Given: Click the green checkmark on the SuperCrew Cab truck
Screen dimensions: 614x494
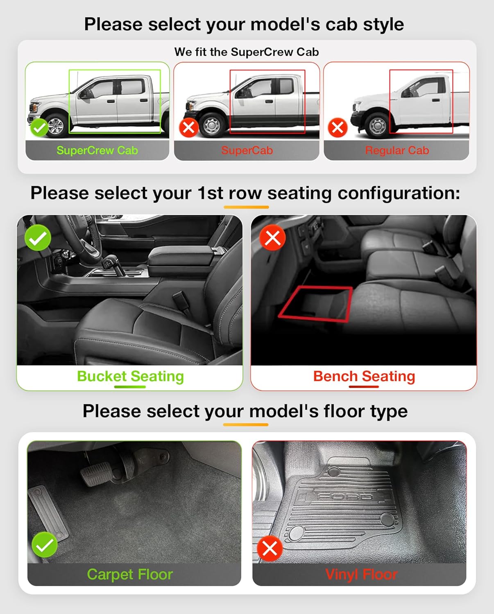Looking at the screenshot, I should pos(40,128).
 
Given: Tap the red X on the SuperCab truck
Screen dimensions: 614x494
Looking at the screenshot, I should pos(189,128).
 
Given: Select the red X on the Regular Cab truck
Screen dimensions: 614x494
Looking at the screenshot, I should pos(338,128).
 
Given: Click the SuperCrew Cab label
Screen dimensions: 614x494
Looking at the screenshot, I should pos(97,151).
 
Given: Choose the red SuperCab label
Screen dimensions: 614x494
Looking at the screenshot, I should pos(247,151).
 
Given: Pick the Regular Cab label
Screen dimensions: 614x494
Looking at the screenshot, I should pos(397,151).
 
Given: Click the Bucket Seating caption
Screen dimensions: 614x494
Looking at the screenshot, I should pos(130,376).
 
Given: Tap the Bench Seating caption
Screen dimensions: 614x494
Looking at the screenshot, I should pos(364,376).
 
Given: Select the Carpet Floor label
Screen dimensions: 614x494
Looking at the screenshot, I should pos(130,574).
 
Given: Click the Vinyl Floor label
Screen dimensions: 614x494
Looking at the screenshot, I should pos(361,574).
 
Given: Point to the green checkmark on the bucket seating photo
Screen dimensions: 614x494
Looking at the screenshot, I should pos(38,238).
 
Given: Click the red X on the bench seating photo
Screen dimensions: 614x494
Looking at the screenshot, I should pos(273,238).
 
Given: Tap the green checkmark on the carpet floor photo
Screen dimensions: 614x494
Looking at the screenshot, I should pos(45,545).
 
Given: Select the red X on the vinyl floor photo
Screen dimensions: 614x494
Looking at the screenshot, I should pos(270,549).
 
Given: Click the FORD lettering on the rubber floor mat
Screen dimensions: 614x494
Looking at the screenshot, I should pos(344,497).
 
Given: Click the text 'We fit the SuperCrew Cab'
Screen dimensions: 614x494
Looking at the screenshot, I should pos(247,52).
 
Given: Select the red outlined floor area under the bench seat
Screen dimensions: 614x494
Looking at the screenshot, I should pos(316,304).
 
